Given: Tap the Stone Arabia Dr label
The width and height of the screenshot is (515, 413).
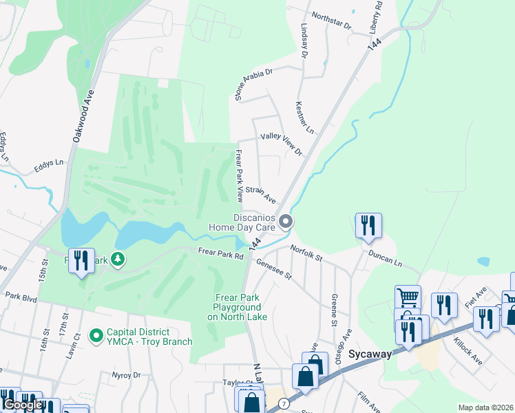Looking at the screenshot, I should coord(255,85).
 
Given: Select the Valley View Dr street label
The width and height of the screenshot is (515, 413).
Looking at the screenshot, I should coord(281,144).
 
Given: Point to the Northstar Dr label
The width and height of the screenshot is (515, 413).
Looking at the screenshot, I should coord(331,21).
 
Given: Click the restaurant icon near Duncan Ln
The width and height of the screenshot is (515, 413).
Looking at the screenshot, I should coord(368,225).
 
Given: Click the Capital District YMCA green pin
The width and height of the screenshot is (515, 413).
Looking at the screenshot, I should coord(96,336).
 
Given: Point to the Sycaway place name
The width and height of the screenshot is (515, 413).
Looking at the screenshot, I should coord(370,354).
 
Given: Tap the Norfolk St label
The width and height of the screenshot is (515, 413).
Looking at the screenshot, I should coord(306,253).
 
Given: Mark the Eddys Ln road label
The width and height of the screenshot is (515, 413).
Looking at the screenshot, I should coord(50,165).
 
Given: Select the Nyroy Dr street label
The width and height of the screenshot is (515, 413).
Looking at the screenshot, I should coord(126,375).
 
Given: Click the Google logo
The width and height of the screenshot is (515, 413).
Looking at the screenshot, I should coord(23,405).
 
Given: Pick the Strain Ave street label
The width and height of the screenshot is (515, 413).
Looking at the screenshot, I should coord(261,195).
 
